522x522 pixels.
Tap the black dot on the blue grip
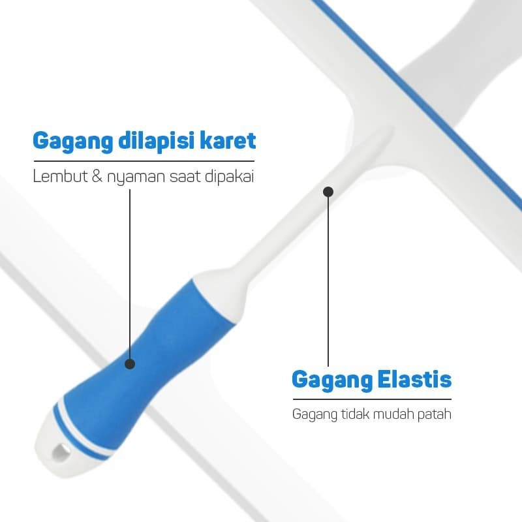tap(129, 363)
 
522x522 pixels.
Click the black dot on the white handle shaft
tap(328, 192)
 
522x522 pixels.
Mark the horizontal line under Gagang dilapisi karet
tap(144, 161)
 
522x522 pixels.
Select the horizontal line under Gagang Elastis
tap(371, 399)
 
